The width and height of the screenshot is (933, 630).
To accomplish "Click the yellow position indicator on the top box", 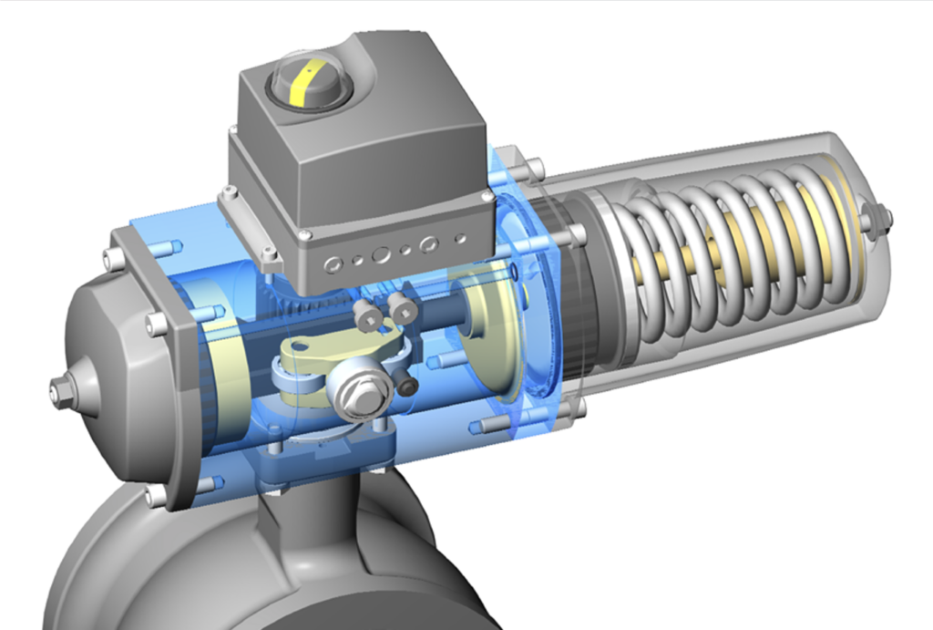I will coord(301,83).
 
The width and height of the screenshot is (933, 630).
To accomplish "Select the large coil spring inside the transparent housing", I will coord(720,255).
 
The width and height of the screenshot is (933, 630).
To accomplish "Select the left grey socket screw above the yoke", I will coord(368,316).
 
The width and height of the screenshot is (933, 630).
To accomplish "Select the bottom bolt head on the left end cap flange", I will coord(154,497).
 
